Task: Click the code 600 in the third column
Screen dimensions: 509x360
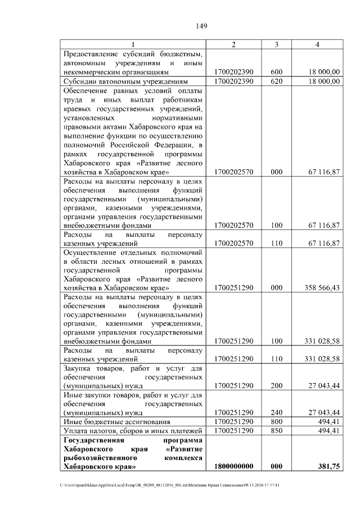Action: coord(277,72)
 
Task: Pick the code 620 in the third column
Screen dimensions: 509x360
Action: coord(277,81)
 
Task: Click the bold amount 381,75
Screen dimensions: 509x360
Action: coord(328,466)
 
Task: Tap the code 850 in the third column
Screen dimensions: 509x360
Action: coord(277,430)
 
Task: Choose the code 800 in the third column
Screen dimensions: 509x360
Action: coord(277,421)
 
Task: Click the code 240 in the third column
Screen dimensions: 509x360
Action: coord(277,412)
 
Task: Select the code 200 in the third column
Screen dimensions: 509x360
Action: coord(277,386)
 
